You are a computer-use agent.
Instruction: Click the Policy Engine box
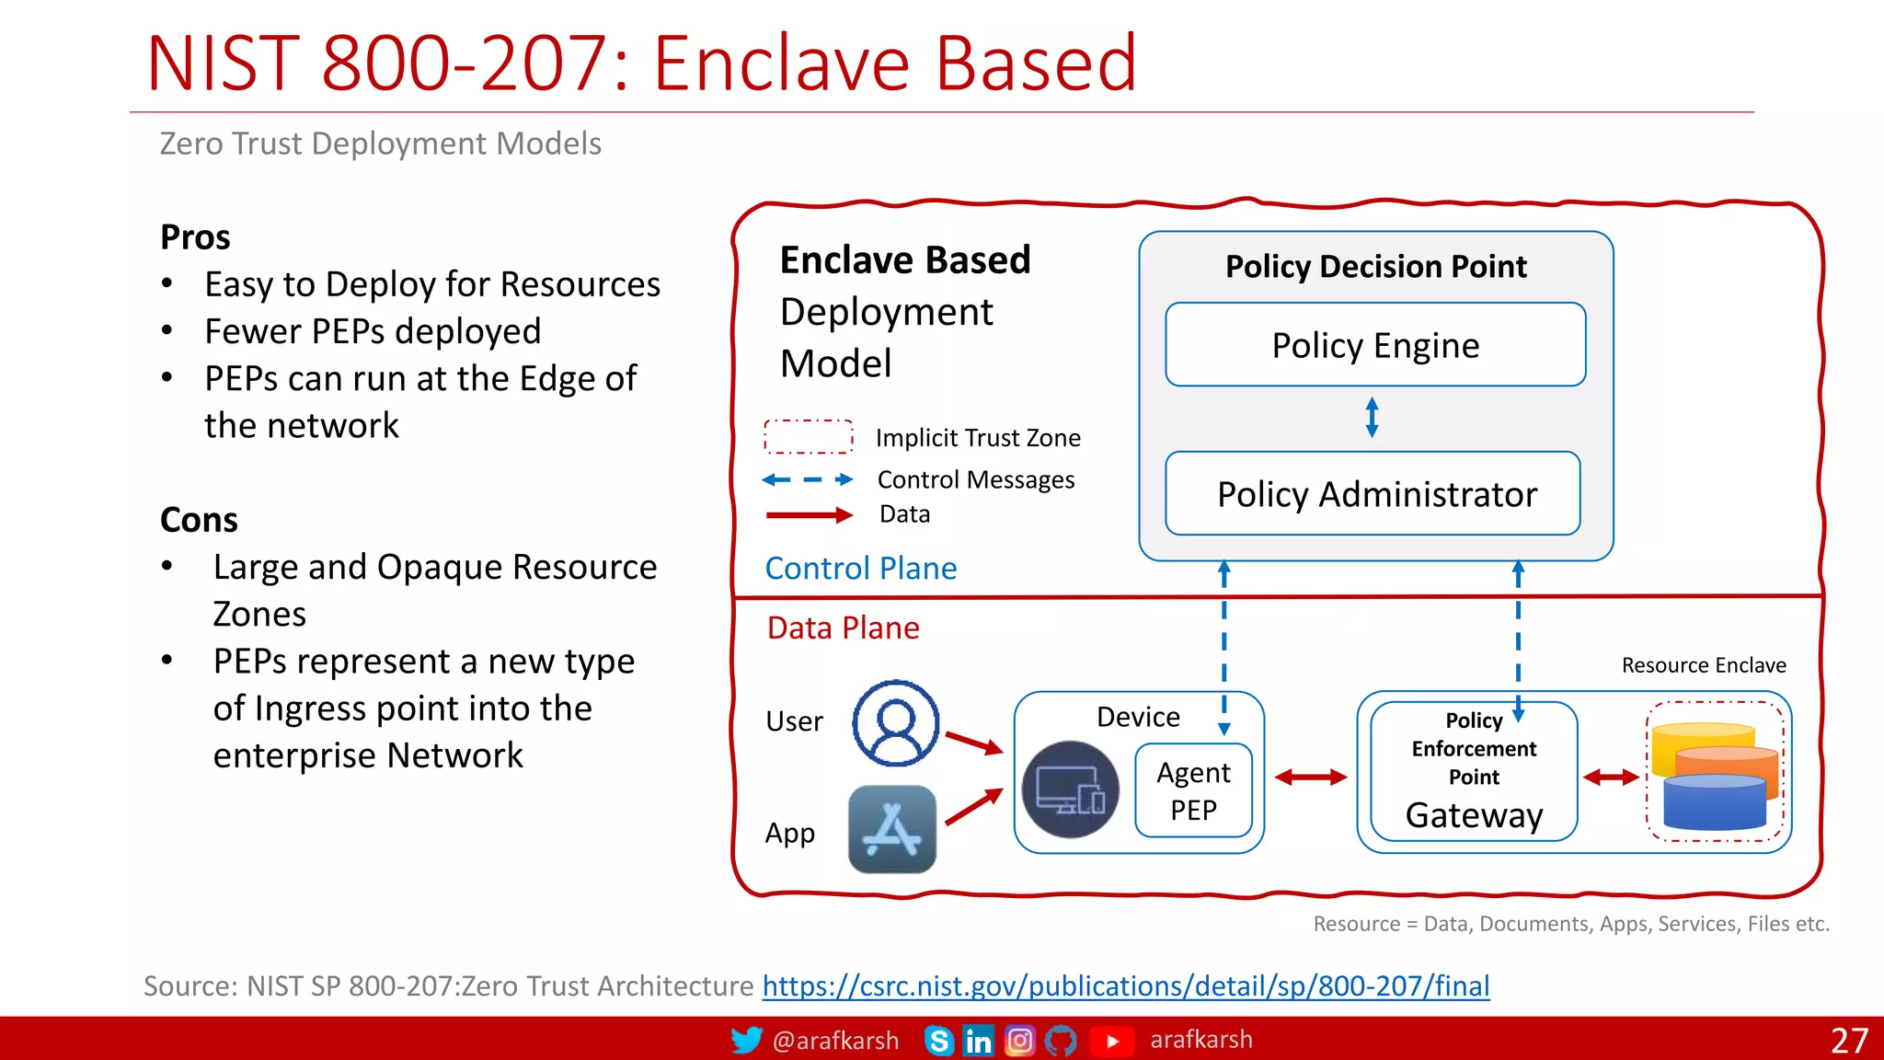click(x=1374, y=345)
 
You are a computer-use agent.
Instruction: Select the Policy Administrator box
click(x=1374, y=494)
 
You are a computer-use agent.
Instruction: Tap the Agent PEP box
click(x=1193, y=790)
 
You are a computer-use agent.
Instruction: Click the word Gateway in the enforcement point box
click(x=1474, y=815)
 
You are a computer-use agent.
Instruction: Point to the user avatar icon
click(x=895, y=723)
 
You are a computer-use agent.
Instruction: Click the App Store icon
click(x=891, y=829)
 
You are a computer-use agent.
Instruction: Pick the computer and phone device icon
click(x=1070, y=789)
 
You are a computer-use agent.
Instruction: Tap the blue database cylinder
click(x=1715, y=801)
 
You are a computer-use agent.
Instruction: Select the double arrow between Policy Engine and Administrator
click(x=1372, y=418)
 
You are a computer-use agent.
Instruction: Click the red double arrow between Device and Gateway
click(x=1311, y=778)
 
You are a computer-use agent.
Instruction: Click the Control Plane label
click(x=860, y=569)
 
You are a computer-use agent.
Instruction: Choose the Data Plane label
click(x=843, y=628)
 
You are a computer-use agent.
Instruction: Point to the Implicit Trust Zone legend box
click(x=808, y=437)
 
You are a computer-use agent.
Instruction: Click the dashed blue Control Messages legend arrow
click(x=808, y=479)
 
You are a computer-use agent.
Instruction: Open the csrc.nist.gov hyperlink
click(x=1125, y=986)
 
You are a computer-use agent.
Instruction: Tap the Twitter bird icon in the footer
click(x=746, y=1041)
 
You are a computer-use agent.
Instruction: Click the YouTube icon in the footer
click(x=1111, y=1041)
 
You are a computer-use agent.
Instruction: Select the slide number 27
click(x=1848, y=1041)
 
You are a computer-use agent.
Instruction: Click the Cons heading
click(x=199, y=520)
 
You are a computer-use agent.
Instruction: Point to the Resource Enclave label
click(x=1703, y=665)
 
